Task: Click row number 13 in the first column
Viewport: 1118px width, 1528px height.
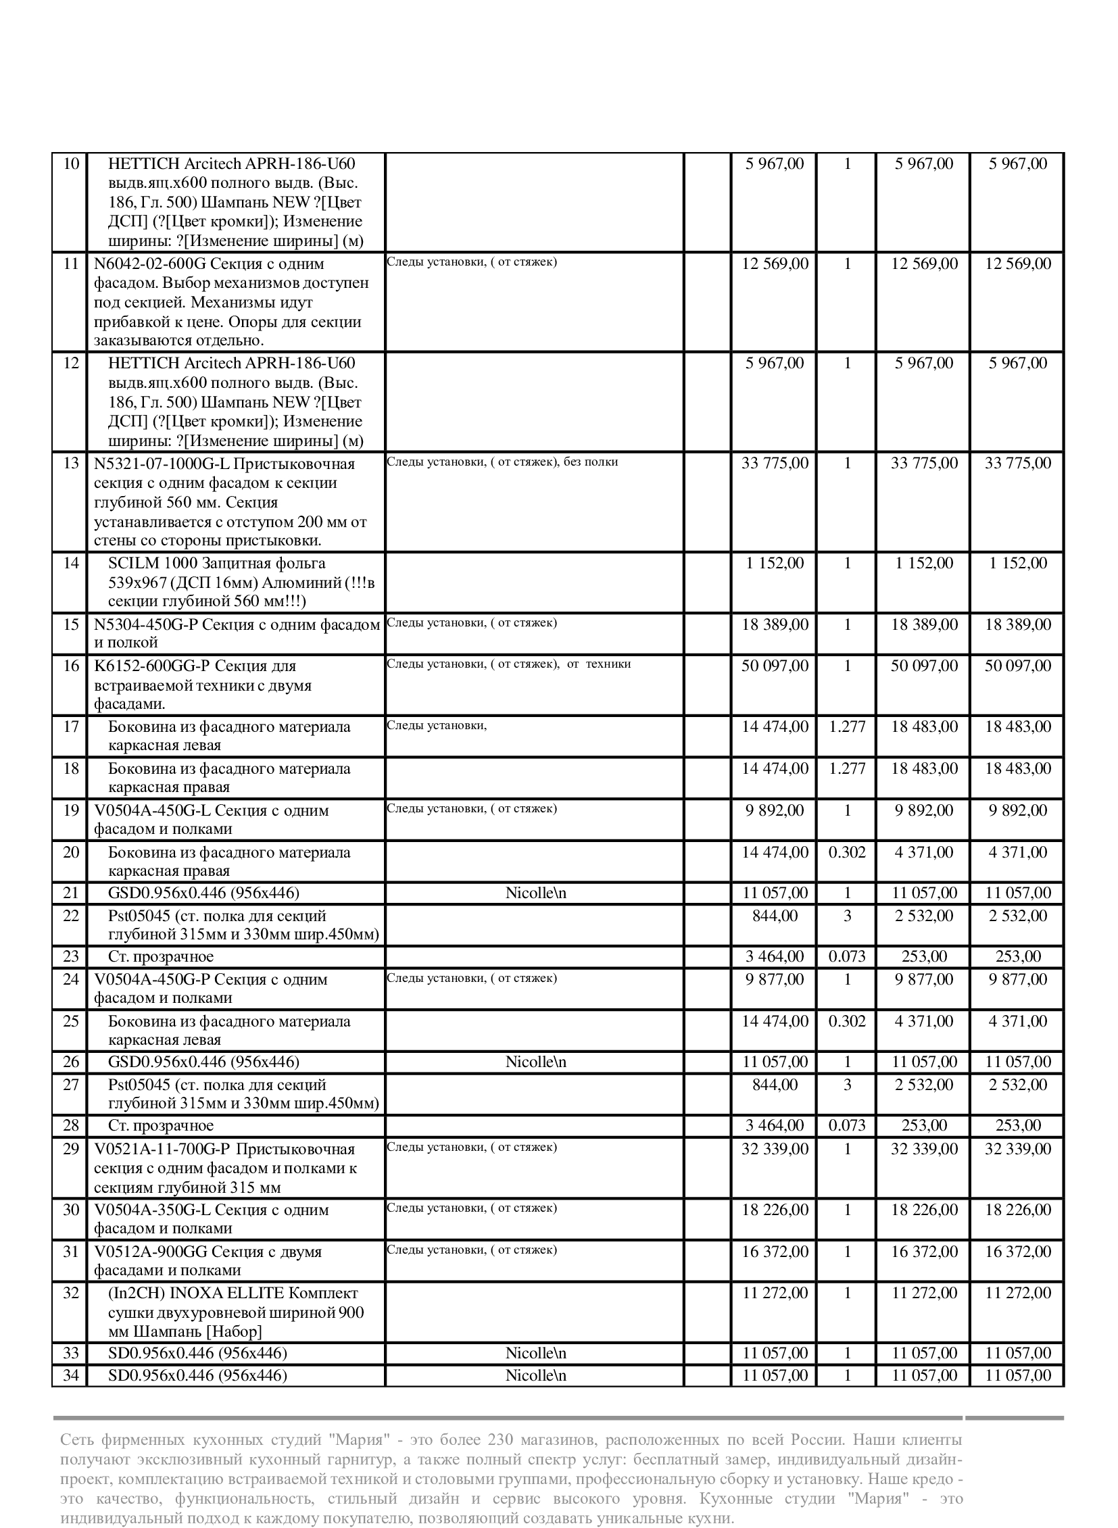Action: pos(71,464)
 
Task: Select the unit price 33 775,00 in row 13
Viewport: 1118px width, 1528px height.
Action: pos(775,464)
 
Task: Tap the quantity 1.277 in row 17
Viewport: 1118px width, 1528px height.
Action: pos(848,726)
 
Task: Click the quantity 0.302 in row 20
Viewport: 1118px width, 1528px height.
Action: pos(848,852)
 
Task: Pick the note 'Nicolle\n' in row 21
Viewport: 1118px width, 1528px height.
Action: pos(535,893)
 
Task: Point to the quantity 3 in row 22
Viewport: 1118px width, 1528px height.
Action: pos(848,916)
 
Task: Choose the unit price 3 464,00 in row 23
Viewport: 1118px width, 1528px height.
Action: pos(775,957)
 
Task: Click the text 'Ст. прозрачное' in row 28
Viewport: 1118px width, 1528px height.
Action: pos(161,1126)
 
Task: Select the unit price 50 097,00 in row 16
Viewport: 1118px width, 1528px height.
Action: pos(775,666)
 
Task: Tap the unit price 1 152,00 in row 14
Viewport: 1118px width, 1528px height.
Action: pos(775,563)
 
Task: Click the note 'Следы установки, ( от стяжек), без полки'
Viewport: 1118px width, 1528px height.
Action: pos(502,462)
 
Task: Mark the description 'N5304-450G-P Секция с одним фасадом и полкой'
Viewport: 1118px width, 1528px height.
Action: pos(237,633)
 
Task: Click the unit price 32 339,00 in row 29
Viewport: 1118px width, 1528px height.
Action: pos(775,1149)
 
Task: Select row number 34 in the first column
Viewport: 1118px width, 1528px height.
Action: pos(71,1376)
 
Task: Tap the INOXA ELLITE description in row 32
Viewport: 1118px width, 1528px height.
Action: pos(236,1312)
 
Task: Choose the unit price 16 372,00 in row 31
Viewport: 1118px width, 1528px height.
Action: pos(775,1252)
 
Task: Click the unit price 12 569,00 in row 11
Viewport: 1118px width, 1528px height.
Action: pos(775,264)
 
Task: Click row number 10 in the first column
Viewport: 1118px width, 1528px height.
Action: pos(71,164)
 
